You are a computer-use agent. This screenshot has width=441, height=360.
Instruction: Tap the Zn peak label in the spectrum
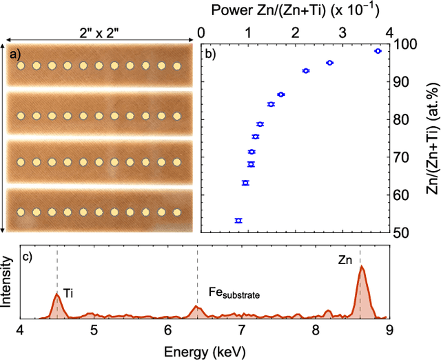pos(345,261)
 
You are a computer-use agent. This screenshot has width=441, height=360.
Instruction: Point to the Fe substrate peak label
pos(234,293)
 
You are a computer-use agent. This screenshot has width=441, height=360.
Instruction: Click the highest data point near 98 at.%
pos(378,51)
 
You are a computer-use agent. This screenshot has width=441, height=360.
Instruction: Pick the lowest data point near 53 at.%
pos(238,221)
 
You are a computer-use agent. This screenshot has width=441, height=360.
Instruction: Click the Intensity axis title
pos(7,281)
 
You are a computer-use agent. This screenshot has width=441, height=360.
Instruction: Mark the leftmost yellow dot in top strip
pos(21,67)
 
